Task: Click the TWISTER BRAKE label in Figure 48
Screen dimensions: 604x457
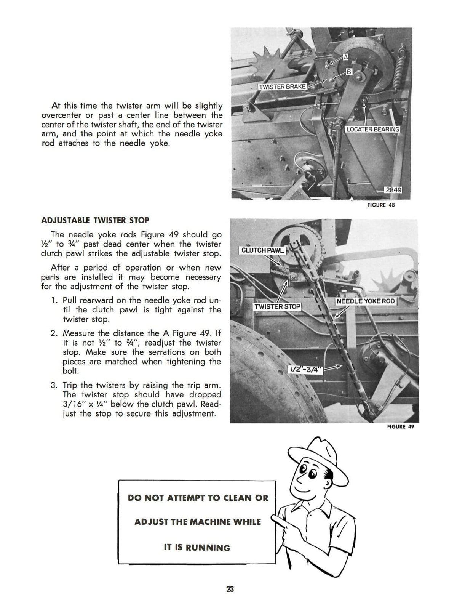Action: [x=282, y=87]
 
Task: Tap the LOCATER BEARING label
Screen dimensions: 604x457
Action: [x=372, y=129]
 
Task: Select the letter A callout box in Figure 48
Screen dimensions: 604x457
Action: [x=345, y=57]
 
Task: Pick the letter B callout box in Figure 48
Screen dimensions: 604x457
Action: [x=348, y=71]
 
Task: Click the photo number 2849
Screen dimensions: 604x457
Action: [x=393, y=190]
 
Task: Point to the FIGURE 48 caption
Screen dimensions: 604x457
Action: [x=380, y=205]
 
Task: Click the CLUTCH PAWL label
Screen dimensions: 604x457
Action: [x=262, y=250]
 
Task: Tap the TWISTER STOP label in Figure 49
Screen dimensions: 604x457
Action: [x=277, y=306]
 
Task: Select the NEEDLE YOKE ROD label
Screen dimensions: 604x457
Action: [x=366, y=301]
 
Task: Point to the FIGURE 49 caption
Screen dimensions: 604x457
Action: [x=400, y=426]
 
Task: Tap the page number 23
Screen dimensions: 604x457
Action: [x=230, y=589]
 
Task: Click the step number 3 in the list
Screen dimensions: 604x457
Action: [x=54, y=385]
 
